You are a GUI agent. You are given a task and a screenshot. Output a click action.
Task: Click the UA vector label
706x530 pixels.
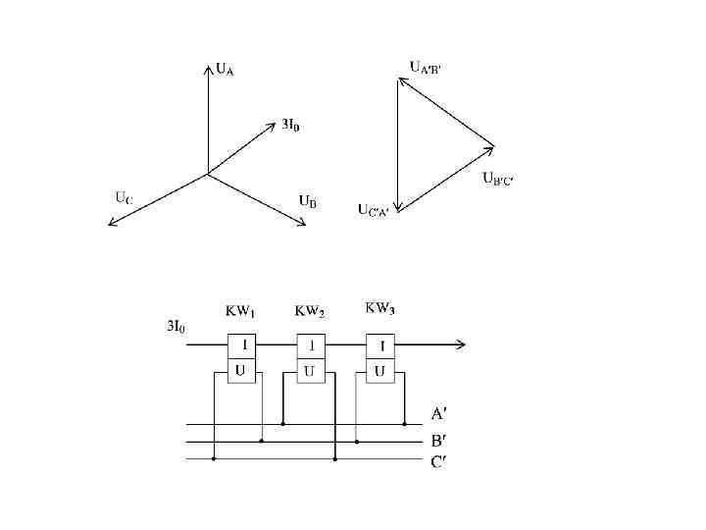pos(225,69)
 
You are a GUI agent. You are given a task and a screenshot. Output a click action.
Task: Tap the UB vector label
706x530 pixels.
pos(307,201)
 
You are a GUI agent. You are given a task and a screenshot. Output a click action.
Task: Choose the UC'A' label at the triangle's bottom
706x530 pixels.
pos(373,210)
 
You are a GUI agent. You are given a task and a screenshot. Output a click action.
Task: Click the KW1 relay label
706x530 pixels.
pos(240,311)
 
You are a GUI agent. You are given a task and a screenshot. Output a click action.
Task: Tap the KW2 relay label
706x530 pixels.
pos(310,311)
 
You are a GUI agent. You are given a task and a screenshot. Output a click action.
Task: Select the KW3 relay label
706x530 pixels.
pos(380,309)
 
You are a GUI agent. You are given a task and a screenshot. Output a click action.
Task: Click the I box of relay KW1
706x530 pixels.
pos(241,345)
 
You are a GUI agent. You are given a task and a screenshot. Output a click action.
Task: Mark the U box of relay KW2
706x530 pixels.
pos(310,370)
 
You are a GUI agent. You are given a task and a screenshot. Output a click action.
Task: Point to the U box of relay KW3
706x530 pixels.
pos(379,370)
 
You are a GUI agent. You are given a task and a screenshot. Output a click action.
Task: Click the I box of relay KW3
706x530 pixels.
pos(379,345)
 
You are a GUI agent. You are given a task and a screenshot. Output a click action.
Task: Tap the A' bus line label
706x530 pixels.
pos(439,413)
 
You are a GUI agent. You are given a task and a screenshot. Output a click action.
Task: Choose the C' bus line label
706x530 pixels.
pos(439,461)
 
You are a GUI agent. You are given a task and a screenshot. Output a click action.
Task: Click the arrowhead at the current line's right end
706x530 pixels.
pos(461,344)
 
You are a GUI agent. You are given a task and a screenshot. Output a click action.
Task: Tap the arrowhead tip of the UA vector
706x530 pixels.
pos(208,66)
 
